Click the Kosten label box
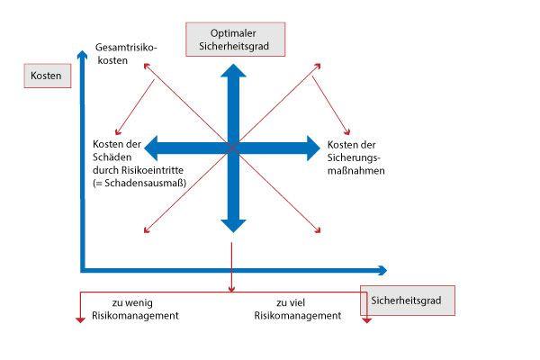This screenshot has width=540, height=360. (x=48, y=76)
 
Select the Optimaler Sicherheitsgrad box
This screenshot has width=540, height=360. (x=236, y=40)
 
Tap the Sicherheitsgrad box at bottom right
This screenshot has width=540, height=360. (x=408, y=301)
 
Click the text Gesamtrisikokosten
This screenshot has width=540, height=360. (x=126, y=54)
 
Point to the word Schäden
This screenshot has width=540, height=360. (x=112, y=157)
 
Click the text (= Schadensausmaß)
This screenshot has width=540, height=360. (x=139, y=183)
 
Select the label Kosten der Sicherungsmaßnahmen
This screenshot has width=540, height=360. (x=355, y=157)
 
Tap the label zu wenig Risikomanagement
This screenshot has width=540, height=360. (x=135, y=310)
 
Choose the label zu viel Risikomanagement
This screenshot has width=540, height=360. (x=298, y=310)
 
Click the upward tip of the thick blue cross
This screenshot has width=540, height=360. (x=233, y=65)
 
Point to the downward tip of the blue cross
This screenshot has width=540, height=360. (x=233, y=232)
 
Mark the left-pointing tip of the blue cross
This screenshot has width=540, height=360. (x=145, y=148)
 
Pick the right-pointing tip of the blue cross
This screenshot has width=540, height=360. (x=319, y=148)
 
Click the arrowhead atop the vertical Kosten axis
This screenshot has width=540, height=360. (x=82, y=51)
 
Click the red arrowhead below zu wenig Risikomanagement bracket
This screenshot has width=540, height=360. (x=80, y=320)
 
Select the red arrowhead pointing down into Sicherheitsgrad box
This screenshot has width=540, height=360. (x=367, y=320)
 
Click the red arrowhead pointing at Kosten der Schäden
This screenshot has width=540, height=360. (x=117, y=132)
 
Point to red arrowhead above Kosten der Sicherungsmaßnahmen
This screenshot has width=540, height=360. (x=348, y=132)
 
